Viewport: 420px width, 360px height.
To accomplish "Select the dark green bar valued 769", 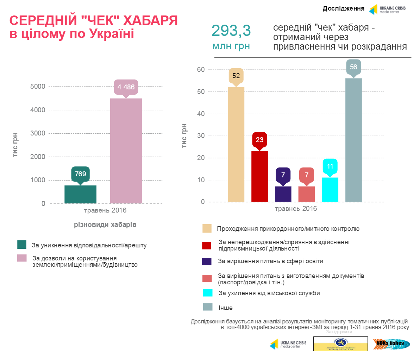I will coord(80,194).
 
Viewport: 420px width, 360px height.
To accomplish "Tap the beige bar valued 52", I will coord(236,144).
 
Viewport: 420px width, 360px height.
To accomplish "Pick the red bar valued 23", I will coord(259,176).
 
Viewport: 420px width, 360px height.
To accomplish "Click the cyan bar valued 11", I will coord(330,190).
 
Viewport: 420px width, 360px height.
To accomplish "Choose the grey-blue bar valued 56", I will coord(353,140).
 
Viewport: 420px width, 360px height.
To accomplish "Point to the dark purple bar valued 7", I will coord(283,194).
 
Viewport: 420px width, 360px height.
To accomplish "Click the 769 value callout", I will coord(80,174).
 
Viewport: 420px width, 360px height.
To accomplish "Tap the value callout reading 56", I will coord(353,67).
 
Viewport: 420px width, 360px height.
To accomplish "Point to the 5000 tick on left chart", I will coord(38,87).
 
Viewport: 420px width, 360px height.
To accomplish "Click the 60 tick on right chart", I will coord(201,70).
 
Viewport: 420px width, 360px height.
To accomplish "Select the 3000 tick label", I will coord(38,133).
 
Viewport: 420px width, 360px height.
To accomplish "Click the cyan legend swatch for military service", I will coord(208,293).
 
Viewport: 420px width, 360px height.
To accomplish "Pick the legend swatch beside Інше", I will coord(208,307).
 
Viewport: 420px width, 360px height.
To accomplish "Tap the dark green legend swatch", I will coord(22,245).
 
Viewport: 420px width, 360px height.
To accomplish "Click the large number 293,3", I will coord(231,31).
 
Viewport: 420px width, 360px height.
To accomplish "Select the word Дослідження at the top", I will coord(343,8).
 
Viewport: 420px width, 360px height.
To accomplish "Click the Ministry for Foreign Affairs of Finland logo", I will coord(340,344).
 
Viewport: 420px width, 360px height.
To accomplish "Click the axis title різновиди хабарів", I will coord(105,225).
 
